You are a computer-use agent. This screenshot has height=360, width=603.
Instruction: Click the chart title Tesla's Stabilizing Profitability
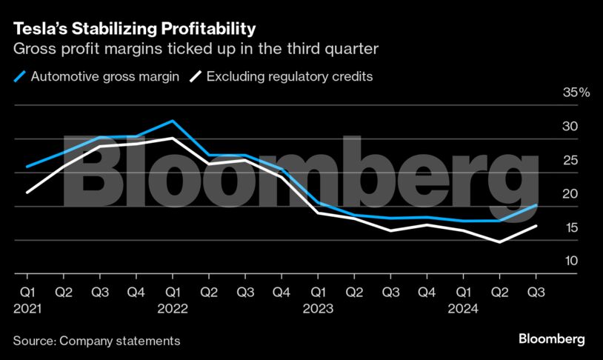(x=134, y=29)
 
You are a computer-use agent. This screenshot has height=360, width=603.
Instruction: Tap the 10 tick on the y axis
(x=571, y=261)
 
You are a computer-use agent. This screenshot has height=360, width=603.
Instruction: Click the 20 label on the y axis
(x=571, y=194)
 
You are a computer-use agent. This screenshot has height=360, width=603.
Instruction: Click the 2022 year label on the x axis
(x=172, y=307)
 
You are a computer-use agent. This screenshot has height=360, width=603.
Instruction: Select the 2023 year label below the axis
(x=318, y=307)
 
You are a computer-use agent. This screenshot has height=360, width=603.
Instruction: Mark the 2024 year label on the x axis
(x=464, y=307)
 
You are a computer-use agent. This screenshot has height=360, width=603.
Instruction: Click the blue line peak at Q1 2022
(x=172, y=121)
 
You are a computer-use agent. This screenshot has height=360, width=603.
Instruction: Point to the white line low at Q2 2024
(x=500, y=241)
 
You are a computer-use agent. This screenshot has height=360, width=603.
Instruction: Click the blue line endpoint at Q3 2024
(x=536, y=205)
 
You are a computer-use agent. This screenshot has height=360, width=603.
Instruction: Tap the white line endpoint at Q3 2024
(x=536, y=226)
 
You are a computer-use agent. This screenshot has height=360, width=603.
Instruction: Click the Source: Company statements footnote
(x=96, y=341)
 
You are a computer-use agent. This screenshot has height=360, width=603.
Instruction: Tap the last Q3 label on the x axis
(x=536, y=293)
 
